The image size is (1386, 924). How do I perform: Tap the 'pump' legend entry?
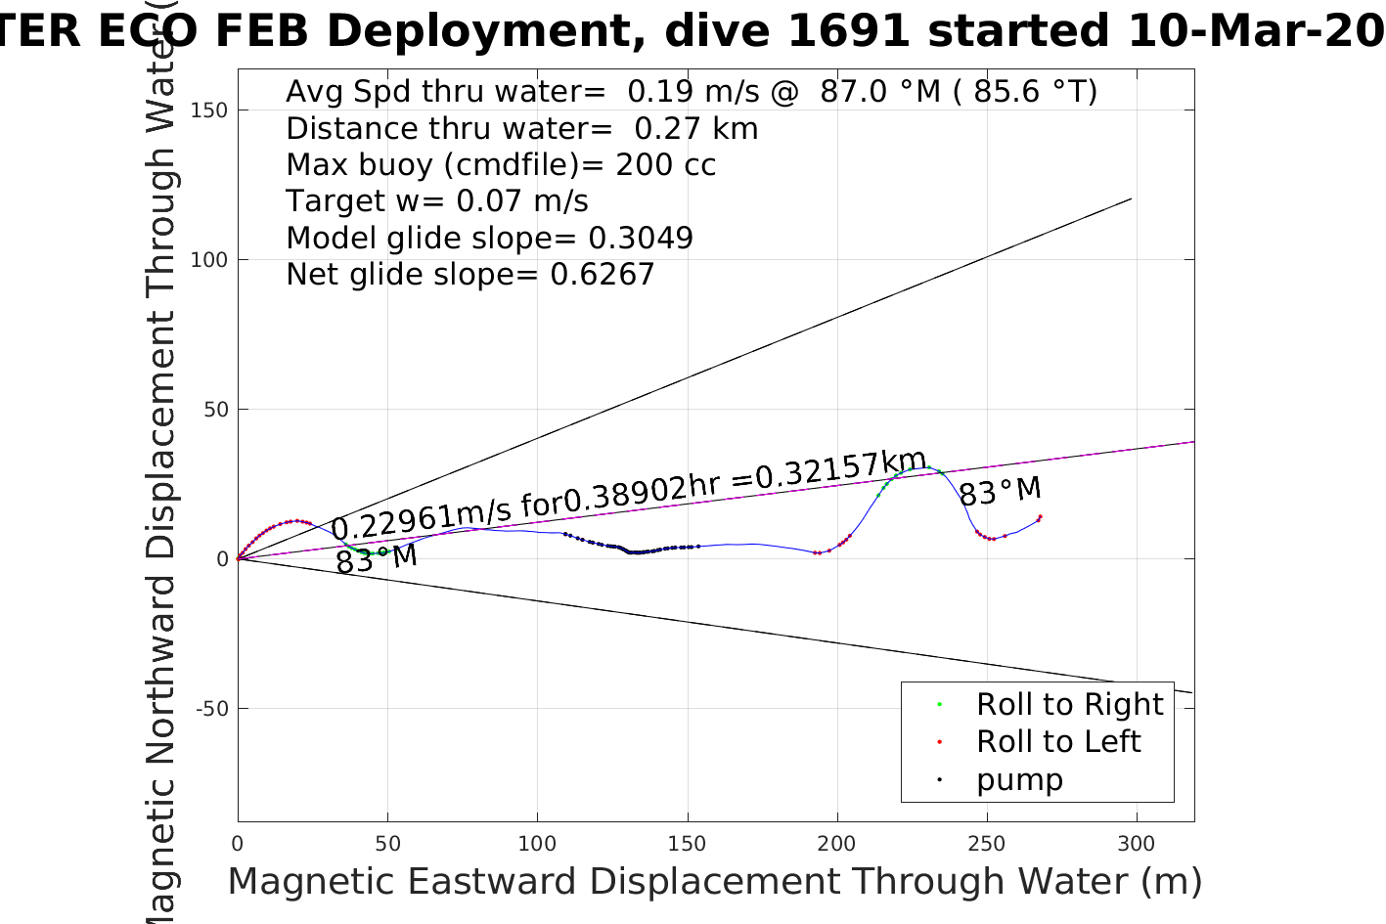1018,779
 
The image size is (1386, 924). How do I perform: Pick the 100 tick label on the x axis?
537,844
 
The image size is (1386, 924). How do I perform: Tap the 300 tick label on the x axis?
1136,844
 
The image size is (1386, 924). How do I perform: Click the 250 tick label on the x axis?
986,844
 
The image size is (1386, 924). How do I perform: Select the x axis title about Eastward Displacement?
714,881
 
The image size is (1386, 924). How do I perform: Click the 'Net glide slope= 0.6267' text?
469,275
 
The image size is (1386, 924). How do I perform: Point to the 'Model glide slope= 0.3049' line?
489,238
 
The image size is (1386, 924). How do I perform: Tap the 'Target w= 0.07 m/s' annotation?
436,201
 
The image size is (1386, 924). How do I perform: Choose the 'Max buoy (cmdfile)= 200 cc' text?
501,164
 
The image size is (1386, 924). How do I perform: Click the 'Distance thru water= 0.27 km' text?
521,128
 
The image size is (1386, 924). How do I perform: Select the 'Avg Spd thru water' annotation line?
691,92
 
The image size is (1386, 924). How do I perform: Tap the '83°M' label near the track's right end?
1000,491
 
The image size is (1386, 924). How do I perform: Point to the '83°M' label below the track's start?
377,559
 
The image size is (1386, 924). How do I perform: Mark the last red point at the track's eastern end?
1040,516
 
